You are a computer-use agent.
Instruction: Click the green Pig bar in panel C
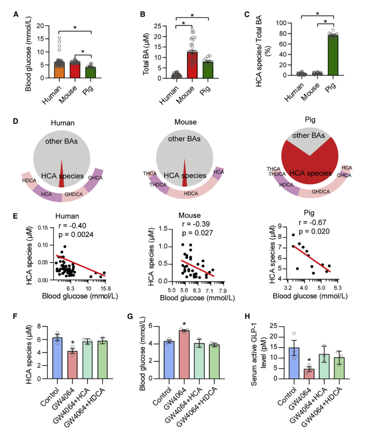333,55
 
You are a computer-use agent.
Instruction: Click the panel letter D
15,121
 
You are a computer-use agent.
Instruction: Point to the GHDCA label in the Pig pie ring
321,192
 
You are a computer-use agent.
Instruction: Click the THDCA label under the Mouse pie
158,185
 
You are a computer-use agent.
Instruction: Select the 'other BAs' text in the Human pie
61,141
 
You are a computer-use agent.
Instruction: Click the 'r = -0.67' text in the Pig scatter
312,222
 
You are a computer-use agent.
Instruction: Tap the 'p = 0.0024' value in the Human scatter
76,235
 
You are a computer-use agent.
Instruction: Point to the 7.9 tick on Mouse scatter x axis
223,291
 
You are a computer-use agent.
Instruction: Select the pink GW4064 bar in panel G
184,355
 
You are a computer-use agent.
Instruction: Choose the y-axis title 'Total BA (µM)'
146,54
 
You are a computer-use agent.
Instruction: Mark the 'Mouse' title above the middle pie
185,122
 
